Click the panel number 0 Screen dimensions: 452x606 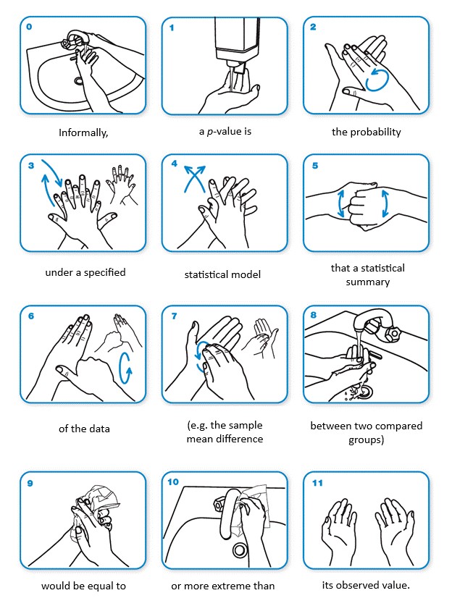click(x=29, y=27)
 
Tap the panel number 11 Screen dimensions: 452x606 click(x=317, y=483)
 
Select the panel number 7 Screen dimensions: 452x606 click(x=174, y=316)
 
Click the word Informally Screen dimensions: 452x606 click(x=83, y=133)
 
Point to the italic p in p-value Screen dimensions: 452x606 click(x=210, y=132)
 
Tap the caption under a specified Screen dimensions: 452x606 click(x=85, y=272)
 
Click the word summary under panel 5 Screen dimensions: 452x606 click(x=368, y=282)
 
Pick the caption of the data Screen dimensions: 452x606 click(x=84, y=429)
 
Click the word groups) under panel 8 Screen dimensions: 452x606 click(x=366, y=439)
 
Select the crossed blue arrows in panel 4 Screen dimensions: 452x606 click(x=195, y=179)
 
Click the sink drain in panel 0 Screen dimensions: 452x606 click(x=79, y=81)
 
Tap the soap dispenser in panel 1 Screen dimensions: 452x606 click(x=237, y=44)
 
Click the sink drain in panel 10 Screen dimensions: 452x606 click(x=240, y=550)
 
